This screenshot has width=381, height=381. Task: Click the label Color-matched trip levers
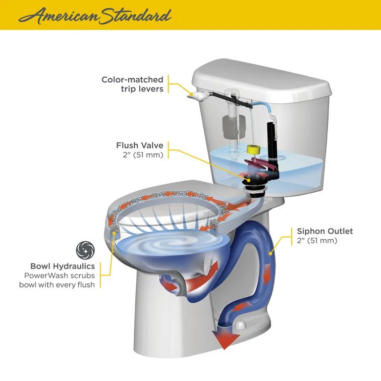(132, 84)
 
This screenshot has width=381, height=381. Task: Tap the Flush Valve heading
(140, 146)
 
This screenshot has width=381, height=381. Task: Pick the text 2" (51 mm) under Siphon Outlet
(317, 241)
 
